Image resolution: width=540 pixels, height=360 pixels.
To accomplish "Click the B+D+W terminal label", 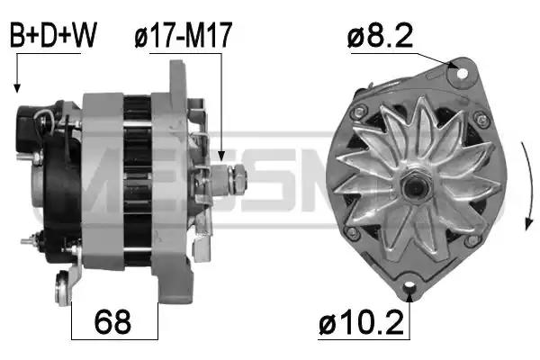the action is pyautogui.click(x=53, y=35).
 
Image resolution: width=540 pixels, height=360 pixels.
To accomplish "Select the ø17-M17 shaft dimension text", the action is pyautogui.click(x=184, y=35).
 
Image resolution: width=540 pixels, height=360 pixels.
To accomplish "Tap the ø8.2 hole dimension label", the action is pyautogui.click(x=380, y=37).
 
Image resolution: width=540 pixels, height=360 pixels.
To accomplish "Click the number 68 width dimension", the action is pyautogui.click(x=112, y=322).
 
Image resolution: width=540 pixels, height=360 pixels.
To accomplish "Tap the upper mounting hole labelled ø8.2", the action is pyautogui.click(x=462, y=73).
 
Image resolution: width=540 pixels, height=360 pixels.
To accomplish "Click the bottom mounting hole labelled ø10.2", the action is pyautogui.click(x=409, y=285).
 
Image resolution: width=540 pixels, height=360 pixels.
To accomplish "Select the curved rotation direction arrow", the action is pyautogui.click(x=528, y=185).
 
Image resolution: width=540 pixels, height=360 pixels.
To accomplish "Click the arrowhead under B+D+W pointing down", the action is pyautogui.click(x=16, y=88).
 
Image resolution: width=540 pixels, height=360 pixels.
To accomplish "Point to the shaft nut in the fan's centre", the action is pyautogui.click(x=415, y=186).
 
